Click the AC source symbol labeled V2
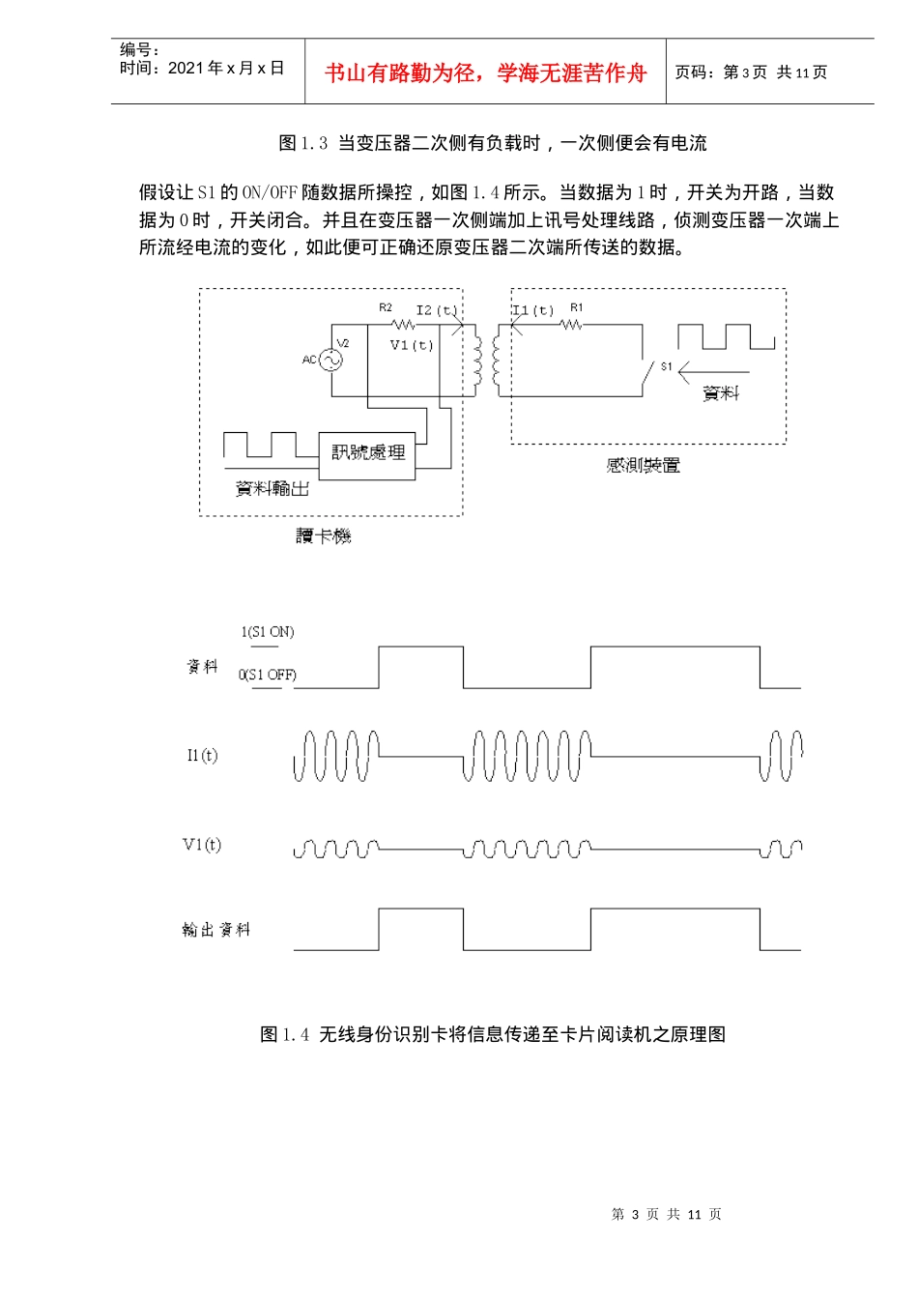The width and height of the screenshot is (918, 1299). point(330,360)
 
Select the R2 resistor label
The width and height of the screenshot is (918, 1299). point(386,307)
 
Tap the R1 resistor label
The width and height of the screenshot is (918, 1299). point(577,307)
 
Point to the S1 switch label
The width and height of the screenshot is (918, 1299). point(667,366)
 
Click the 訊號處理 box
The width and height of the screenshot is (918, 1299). point(367,453)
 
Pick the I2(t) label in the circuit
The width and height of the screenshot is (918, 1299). point(436,310)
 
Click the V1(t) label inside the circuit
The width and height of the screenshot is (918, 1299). point(412,345)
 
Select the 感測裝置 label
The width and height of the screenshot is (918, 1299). point(644,466)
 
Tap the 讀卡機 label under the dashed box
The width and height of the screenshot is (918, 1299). point(324,536)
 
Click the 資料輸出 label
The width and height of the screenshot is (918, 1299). point(273,489)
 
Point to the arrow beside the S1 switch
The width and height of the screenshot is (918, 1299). point(713,371)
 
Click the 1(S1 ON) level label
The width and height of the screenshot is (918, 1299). point(268,632)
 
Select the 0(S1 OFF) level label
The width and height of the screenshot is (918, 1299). point(268,675)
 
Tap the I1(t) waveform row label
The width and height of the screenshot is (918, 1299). point(203,755)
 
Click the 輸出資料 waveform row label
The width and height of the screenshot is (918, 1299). point(216,930)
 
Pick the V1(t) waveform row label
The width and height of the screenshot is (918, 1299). point(202,845)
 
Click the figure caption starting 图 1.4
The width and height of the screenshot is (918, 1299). point(493,1034)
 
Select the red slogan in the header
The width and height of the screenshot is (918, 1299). point(485,72)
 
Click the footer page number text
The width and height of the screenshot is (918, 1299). point(667,1215)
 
